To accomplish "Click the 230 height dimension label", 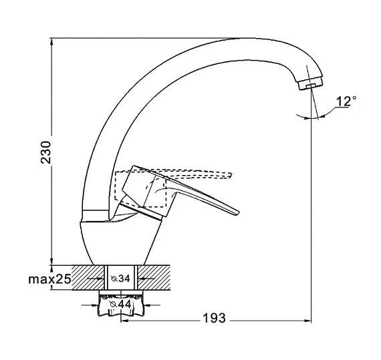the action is click(46, 152).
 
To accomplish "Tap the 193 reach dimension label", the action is click(214, 318).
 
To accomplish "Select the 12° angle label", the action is click(346, 102).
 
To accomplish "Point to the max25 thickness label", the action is click(49, 279).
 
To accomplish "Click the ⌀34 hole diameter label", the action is click(120, 279).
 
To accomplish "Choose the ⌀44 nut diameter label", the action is click(120, 304).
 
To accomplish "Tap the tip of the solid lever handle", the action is click(238, 212).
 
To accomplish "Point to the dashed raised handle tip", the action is click(230, 175).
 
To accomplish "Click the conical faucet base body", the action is click(120, 242).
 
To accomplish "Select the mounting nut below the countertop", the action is click(121, 303).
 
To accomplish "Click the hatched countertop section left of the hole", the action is click(88, 277).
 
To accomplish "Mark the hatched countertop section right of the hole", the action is click(154, 277).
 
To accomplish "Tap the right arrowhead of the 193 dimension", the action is click(308, 321).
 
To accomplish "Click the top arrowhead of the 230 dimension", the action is click(51, 41).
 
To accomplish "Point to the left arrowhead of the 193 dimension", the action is click(124, 321).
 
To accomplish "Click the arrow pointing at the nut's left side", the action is click(90, 305).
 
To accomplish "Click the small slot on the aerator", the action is click(310, 86).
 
